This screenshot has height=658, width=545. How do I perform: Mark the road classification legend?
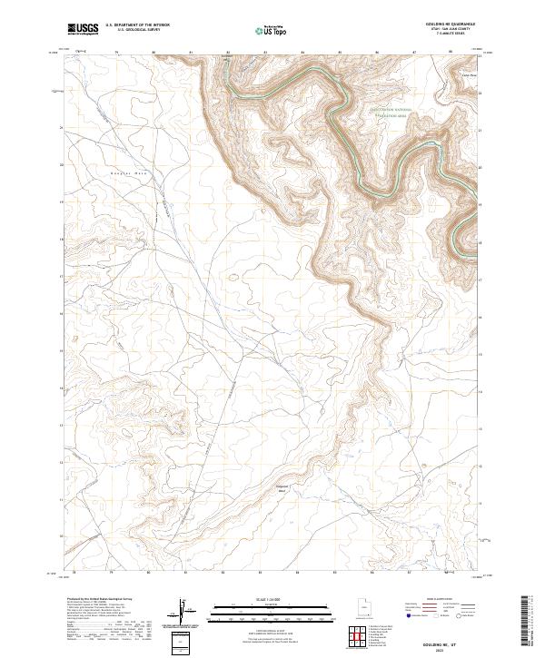click(x=445, y=610)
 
